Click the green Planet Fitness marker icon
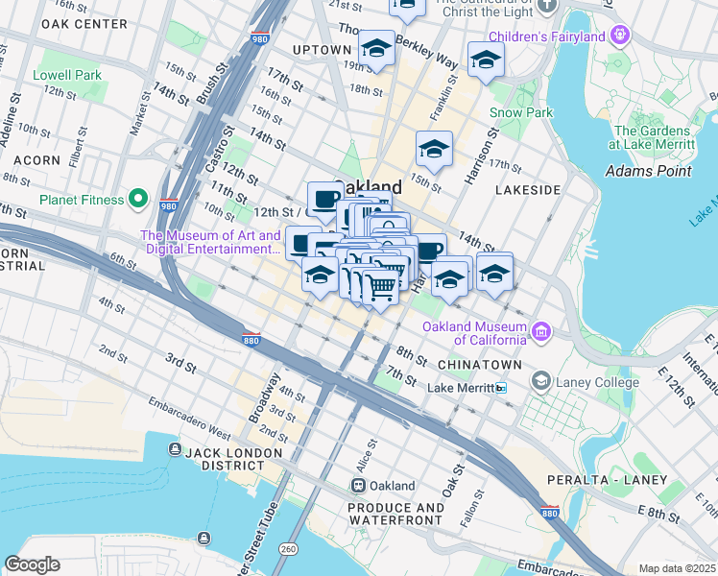[139, 200]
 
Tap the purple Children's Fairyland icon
[621, 36]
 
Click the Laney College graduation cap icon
[541, 382]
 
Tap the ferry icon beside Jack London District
[174, 450]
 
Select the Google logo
[32, 564]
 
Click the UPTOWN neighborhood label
[322, 50]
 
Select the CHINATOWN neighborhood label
[479, 366]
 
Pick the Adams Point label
[648, 171]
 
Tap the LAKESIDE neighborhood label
[527, 190]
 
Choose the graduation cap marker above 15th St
[434, 149]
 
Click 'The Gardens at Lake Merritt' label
[652, 137]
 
